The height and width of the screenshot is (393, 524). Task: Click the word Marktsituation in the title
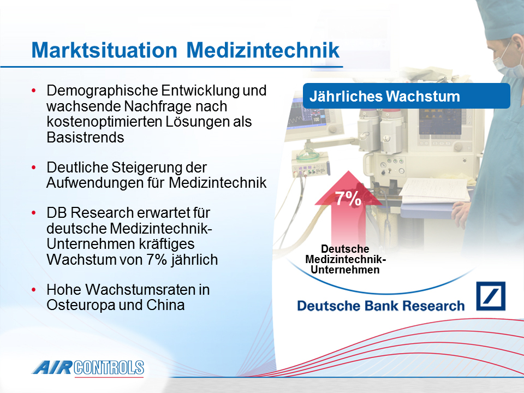[x=104, y=50]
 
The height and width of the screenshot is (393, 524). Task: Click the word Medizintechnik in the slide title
[x=263, y=50]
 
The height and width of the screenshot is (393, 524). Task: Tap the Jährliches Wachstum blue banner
[x=406, y=96]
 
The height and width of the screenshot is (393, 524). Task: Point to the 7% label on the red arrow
[x=348, y=199]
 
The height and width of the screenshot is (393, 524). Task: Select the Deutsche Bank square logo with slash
[x=491, y=296]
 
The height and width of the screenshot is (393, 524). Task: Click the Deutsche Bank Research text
[x=381, y=306]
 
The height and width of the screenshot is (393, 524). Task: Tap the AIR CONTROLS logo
[x=88, y=368]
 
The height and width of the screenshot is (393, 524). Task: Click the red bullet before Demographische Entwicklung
[x=33, y=91]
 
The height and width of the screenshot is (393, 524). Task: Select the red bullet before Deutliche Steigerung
[x=33, y=168]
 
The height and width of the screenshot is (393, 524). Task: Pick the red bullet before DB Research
[x=33, y=213]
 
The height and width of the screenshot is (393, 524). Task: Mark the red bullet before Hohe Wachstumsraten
[x=33, y=290]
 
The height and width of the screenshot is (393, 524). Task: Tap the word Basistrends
[x=85, y=138]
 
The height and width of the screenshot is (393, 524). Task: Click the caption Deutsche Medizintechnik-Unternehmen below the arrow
[x=346, y=259]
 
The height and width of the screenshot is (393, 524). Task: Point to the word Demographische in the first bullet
[x=102, y=91]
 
